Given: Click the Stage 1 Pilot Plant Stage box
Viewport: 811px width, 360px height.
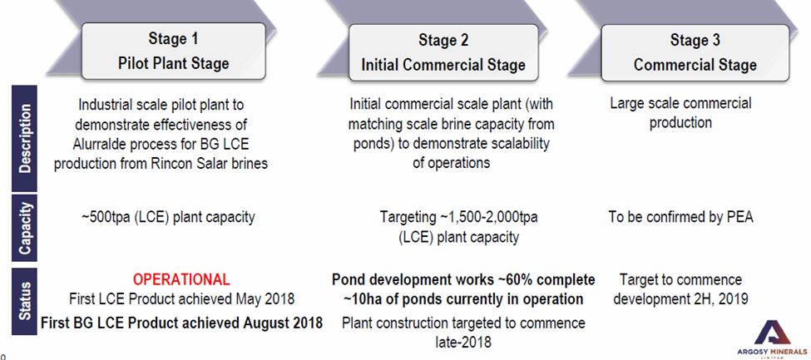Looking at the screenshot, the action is coord(174,51).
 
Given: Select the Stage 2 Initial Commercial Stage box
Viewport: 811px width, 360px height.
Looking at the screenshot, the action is coord(443,52).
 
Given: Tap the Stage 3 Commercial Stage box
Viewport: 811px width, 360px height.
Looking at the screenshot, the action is coord(695,52).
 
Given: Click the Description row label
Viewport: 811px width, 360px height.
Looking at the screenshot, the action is coord(24,139).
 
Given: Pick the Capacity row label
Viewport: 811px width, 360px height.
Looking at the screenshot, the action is coord(24,228).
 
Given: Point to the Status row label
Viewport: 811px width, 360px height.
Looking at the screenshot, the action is coord(24,301).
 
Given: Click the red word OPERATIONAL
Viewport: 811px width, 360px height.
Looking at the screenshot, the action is coord(181,279).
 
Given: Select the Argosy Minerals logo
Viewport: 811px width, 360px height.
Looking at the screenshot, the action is coord(772,338).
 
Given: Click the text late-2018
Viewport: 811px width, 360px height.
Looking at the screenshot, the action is coord(463,342).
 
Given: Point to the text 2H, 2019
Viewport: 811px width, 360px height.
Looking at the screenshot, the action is coord(720,299).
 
